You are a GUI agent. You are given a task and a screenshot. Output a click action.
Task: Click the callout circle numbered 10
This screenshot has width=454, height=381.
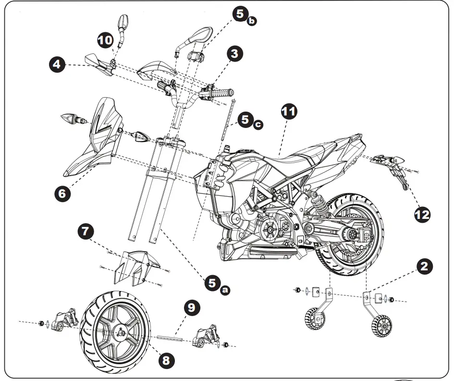pos(105,40)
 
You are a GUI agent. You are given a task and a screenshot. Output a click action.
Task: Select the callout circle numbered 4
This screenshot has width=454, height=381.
pos(58,64)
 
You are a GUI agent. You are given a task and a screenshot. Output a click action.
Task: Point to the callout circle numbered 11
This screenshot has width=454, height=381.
pos(289,112)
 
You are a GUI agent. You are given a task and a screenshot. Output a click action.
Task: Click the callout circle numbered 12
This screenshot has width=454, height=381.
pos(422,214)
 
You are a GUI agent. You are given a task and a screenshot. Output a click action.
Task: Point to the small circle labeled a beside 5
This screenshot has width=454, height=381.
pos(224,290)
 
